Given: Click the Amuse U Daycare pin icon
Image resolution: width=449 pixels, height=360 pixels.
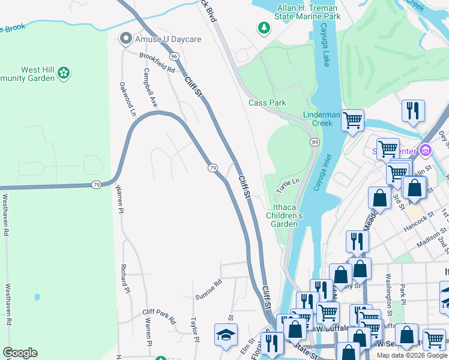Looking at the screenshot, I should [x=125, y=39].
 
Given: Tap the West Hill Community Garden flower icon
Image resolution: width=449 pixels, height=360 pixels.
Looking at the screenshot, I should [x=64, y=74].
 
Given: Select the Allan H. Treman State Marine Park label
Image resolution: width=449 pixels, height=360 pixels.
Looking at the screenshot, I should [x=309, y=12].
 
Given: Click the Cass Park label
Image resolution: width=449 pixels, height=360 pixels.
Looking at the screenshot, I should [x=267, y=103].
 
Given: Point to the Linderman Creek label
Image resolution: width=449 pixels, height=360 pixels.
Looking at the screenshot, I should [x=318, y=119].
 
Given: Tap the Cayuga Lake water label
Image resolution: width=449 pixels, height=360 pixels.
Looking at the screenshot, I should [x=326, y=47].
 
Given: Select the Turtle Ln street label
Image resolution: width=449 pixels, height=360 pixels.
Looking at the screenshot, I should [x=288, y=185].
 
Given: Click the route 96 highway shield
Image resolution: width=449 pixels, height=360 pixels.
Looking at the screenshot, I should [x=174, y=56].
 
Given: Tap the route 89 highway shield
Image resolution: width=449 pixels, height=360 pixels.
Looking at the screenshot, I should [x=315, y=142].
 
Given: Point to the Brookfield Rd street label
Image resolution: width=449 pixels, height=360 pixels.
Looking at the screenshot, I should [x=156, y=62].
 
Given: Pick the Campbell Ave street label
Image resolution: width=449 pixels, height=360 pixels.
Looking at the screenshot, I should [x=149, y=88].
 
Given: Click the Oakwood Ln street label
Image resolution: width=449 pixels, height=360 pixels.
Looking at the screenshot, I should [x=128, y=99].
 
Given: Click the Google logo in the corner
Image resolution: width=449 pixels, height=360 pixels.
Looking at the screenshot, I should [x=20, y=353].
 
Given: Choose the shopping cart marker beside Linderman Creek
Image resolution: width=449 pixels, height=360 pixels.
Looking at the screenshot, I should [x=352, y=119].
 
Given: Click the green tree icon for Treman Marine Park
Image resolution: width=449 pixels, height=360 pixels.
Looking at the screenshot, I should [x=263, y=28].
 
